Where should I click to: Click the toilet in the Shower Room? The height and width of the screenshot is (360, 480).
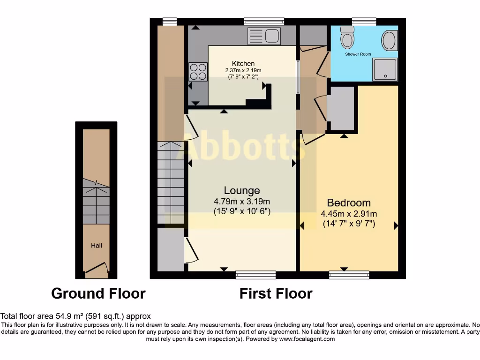347,37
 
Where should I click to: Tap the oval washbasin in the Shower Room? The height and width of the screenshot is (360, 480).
389,41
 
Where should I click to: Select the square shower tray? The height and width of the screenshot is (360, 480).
385,69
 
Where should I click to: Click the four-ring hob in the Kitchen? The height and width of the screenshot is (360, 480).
198,72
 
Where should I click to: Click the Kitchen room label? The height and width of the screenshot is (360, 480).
243,64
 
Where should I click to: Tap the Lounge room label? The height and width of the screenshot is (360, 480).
242,191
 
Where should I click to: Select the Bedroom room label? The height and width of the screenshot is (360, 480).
349,203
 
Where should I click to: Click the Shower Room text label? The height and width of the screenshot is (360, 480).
358,54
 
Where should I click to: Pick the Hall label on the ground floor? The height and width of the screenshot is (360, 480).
97,245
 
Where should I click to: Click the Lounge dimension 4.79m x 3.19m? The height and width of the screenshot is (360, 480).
242,202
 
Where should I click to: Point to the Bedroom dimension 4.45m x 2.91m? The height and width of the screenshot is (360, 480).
349,214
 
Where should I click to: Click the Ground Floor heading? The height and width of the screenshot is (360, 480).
98,293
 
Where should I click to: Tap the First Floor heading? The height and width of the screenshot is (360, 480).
276,293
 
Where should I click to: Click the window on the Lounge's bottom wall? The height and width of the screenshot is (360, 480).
255,275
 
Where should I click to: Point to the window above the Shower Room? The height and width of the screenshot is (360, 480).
364,21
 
